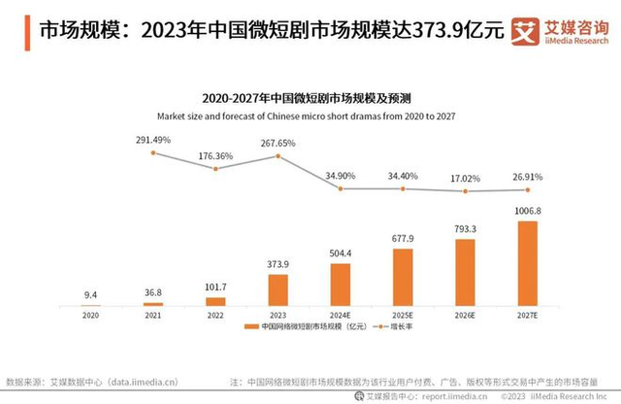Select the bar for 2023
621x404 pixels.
click(278, 288)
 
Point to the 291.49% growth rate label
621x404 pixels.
click(153, 140)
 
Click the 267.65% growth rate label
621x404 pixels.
click(278, 144)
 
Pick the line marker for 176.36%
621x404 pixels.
click(215, 168)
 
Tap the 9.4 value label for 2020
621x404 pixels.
click(90, 293)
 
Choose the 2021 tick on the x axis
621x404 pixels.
click(152, 316)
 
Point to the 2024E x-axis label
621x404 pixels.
click(341, 316)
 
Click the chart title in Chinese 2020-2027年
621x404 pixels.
click(310, 98)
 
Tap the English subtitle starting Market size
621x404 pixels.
click(310, 116)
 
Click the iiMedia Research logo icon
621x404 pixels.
click(525, 29)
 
